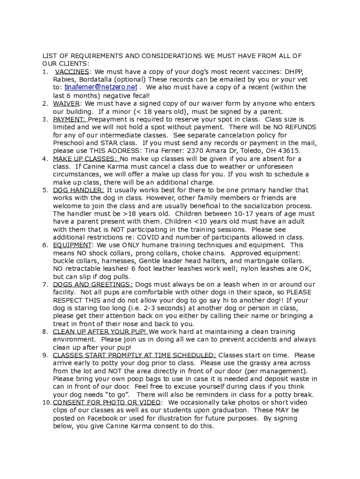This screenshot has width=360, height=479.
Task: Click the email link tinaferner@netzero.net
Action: tap(101, 87)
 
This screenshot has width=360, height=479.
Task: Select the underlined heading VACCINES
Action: tap(72, 72)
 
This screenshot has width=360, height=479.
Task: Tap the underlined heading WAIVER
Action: tap(66, 103)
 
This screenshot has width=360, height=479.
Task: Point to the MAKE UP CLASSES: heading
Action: tap(85, 159)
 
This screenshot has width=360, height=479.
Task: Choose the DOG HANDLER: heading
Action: tap(79, 190)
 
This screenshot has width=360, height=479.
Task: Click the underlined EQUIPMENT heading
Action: tap(72, 246)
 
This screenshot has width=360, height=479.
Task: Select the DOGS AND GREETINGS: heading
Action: tap(93, 285)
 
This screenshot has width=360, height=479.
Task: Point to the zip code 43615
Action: tap(290, 151)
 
